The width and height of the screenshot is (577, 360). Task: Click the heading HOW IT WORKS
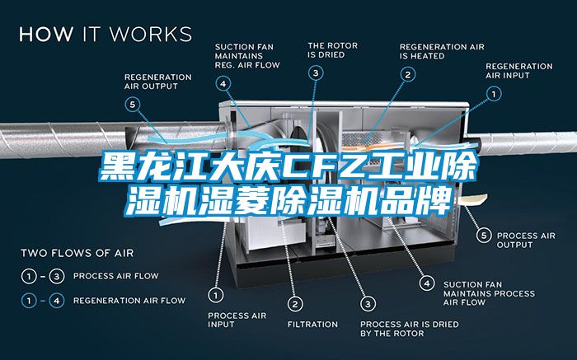coord(106,35)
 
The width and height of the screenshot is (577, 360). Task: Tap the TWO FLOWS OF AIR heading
coord(77,252)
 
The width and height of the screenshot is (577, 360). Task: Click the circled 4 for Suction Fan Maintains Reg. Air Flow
coord(224,82)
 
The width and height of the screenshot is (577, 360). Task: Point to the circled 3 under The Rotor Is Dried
coord(317,72)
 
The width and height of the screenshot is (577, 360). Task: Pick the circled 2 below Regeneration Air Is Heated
coord(407,73)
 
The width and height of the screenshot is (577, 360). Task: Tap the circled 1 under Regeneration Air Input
coord(495,94)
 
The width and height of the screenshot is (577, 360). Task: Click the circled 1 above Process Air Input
coord(216,293)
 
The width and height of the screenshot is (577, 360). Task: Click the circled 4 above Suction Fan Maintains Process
coord(426,283)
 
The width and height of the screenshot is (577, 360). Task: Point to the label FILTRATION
coord(312,324)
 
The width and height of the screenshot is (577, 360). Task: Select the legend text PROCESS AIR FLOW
coord(116,275)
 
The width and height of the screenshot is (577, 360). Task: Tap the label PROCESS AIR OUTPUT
coord(526,240)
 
